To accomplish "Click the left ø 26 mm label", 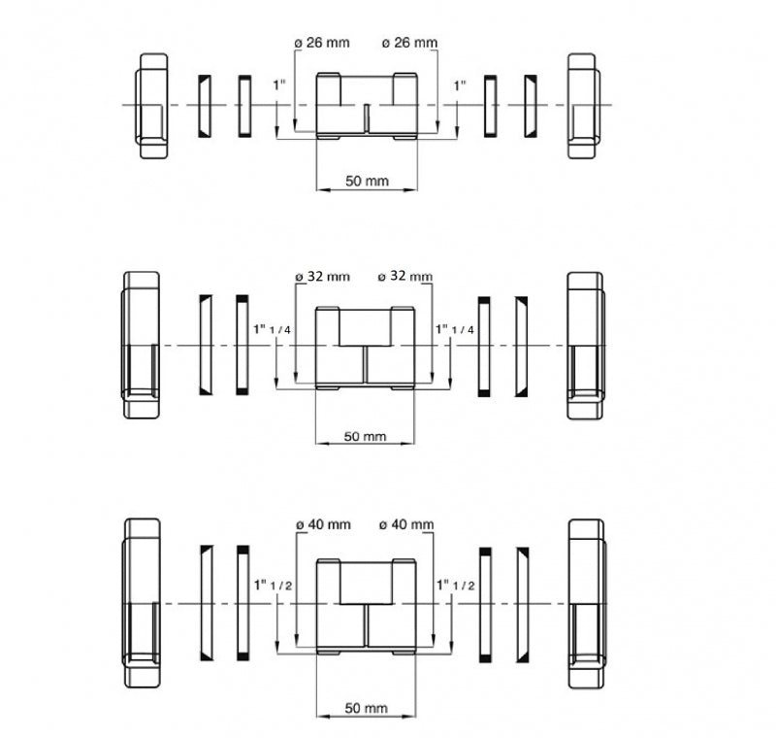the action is [x=322, y=43].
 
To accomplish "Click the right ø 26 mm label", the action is [x=409, y=43].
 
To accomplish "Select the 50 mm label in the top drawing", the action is [x=367, y=181].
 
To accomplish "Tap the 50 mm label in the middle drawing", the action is [x=365, y=436].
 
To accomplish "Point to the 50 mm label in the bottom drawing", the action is [x=366, y=708].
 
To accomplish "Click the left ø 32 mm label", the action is [x=323, y=277].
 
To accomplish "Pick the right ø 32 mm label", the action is [x=404, y=276].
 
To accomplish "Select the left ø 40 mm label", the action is [x=323, y=524].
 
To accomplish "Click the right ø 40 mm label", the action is [x=406, y=524].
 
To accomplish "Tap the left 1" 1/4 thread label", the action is [x=272, y=329].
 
